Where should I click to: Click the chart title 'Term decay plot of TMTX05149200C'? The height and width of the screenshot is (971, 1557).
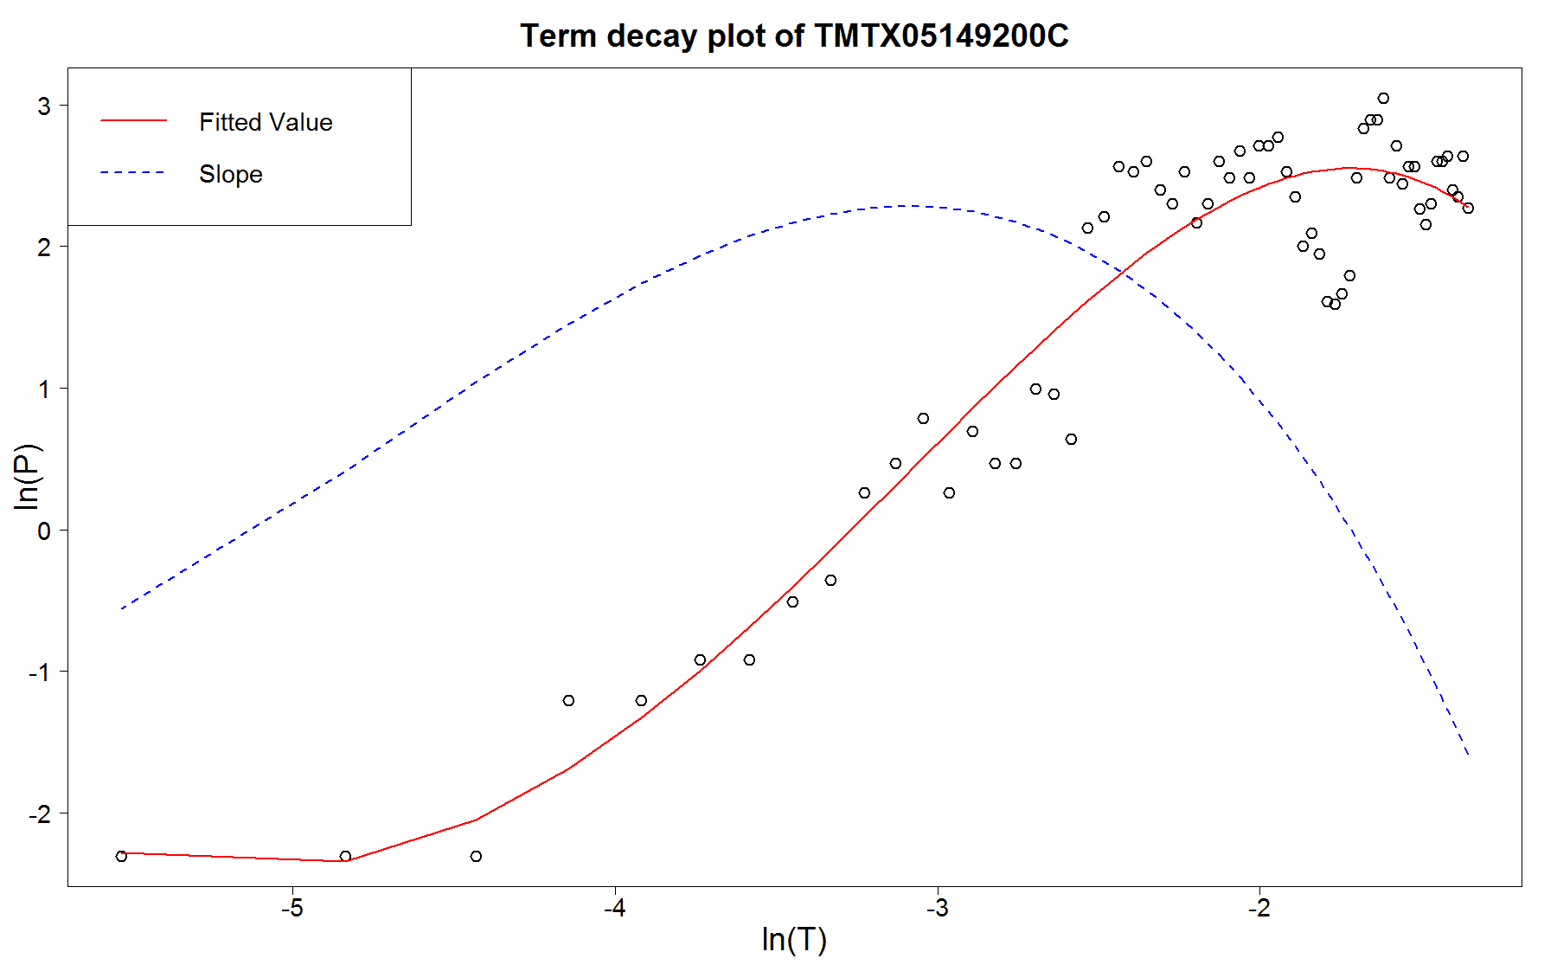[x=794, y=36]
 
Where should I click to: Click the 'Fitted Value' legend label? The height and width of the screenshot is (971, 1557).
[x=266, y=122]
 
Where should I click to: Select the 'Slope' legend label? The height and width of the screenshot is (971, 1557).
[x=230, y=174]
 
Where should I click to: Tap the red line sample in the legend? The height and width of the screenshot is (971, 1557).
[x=133, y=120]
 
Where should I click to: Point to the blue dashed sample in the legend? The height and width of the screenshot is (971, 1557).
[x=133, y=173]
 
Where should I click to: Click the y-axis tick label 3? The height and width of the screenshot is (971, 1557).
[x=43, y=106]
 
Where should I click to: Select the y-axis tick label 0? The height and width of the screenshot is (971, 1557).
[x=43, y=531]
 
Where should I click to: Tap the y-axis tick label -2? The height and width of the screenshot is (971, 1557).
[x=39, y=814]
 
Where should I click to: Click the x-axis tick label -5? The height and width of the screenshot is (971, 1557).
[x=292, y=909]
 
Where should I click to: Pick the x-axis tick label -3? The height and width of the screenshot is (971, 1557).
[x=937, y=909]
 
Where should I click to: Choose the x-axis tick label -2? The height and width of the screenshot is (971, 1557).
[x=1259, y=909]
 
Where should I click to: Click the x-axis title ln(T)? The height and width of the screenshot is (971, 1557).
[x=794, y=939]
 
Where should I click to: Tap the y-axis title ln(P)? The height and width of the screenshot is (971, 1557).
[x=28, y=476]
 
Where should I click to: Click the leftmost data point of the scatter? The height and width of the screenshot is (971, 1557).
[x=121, y=856]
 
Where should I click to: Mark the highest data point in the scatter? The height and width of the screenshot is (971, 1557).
[x=1383, y=99]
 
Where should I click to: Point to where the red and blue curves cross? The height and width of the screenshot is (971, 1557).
[x=1123, y=272]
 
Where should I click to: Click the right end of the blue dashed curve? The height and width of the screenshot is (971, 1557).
[x=1468, y=755]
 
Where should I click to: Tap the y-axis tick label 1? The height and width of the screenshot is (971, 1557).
[x=43, y=389]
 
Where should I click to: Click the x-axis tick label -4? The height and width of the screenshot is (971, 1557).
[x=614, y=909]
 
